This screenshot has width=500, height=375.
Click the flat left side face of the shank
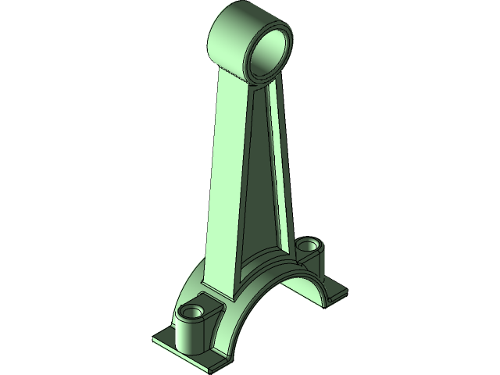tap(223, 172)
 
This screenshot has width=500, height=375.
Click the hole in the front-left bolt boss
tap(191, 312)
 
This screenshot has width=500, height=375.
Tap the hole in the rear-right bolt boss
tap(309, 245)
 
